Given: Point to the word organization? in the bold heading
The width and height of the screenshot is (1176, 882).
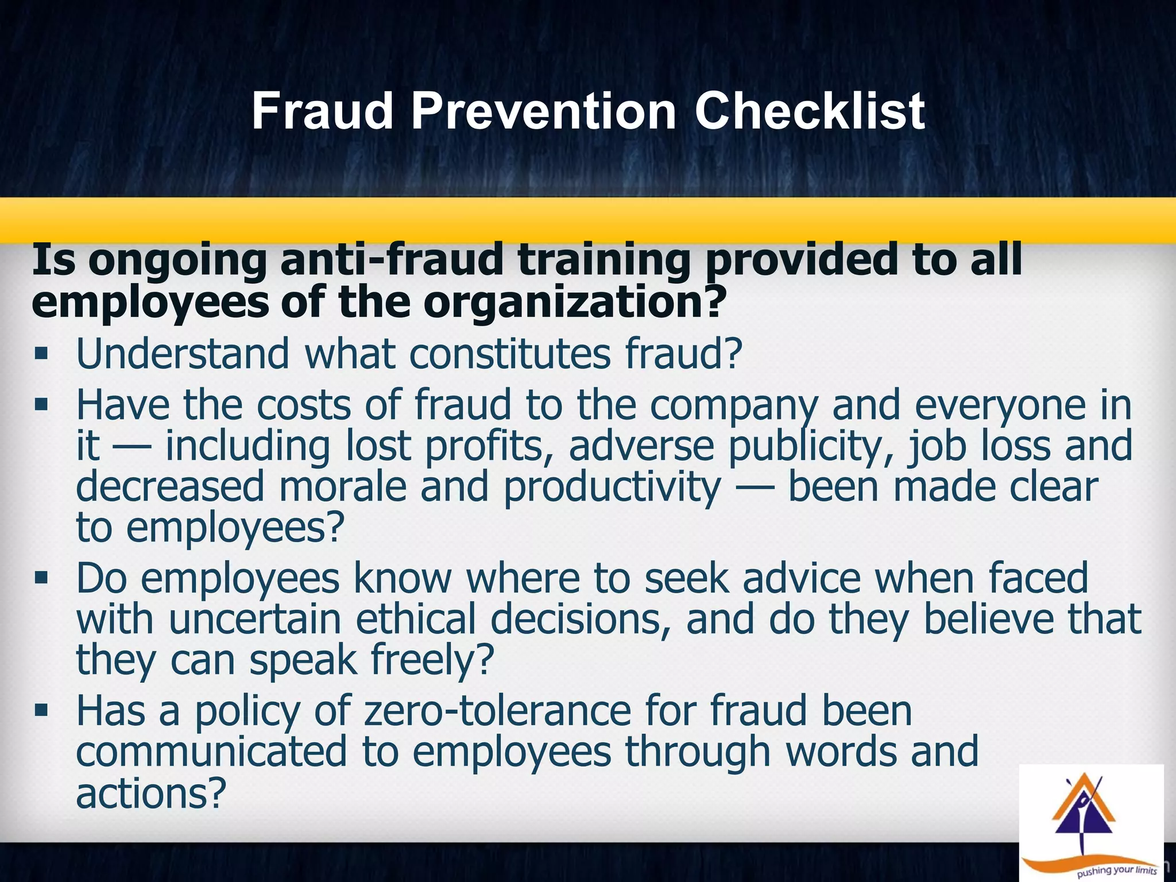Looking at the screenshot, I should coord(572,303).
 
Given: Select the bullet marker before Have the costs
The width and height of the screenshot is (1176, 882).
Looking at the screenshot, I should coord(41,404).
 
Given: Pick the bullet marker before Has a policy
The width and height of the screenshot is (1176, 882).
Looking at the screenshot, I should coord(41,711).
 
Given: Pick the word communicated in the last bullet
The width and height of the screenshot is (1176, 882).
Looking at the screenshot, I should coord(211,752).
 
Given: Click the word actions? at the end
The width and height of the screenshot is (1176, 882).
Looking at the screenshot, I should coord(151,794).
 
